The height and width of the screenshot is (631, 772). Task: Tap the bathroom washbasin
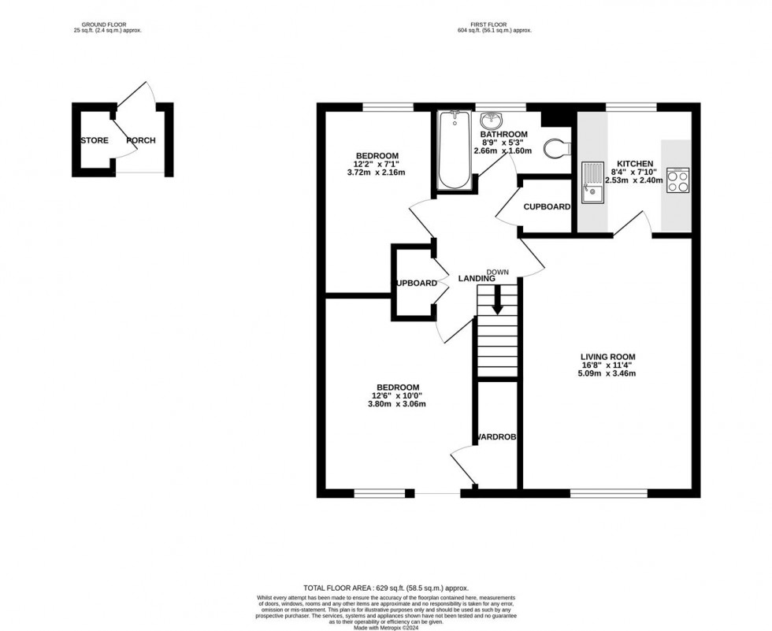click(x=491, y=122)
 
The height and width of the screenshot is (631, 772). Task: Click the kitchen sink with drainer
click(x=591, y=183)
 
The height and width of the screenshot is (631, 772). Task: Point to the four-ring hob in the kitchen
click(x=677, y=180)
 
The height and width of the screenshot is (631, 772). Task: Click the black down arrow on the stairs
click(x=496, y=301)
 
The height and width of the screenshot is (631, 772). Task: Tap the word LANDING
click(x=478, y=278)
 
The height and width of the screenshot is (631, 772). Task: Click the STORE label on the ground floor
click(x=95, y=141)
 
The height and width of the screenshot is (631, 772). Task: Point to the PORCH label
click(x=141, y=141)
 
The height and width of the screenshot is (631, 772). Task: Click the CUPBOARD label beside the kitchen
click(x=547, y=207)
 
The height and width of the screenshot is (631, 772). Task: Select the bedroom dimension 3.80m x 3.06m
click(x=398, y=405)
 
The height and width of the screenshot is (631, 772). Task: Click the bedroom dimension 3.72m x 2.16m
click(x=377, y=173)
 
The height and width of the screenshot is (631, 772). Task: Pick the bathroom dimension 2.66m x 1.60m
click(x=503, y=150)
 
